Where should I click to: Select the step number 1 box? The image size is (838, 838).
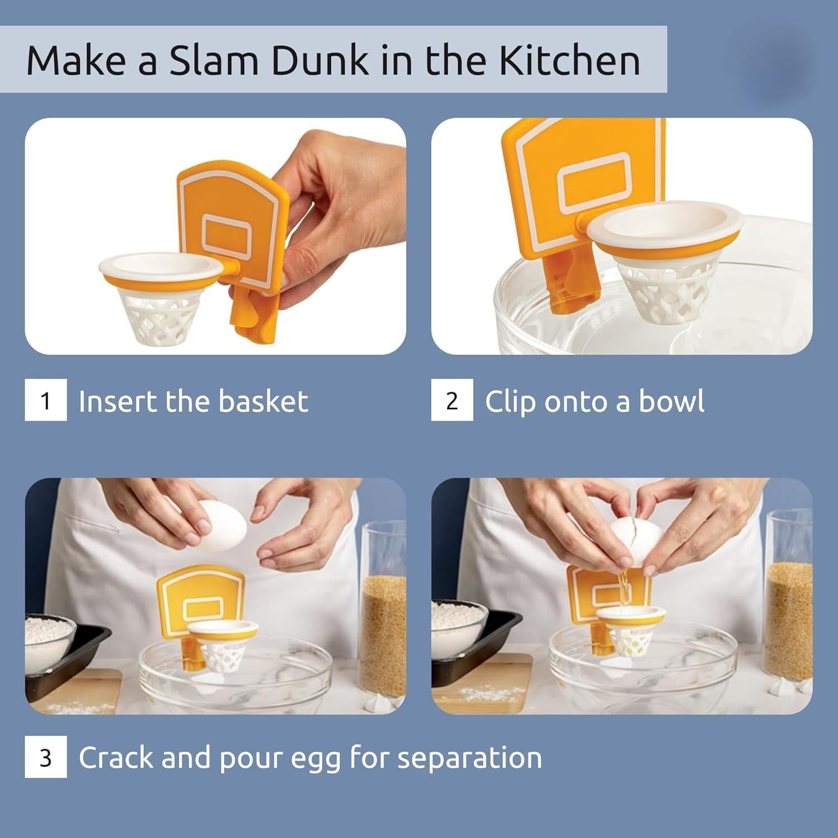pos(46,400)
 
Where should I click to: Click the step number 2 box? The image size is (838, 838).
pos(452,400)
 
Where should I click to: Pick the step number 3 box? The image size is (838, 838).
pos(46,757)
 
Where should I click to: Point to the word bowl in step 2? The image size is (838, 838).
pos(671,401)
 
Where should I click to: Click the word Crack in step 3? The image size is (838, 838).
pos(115,758)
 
